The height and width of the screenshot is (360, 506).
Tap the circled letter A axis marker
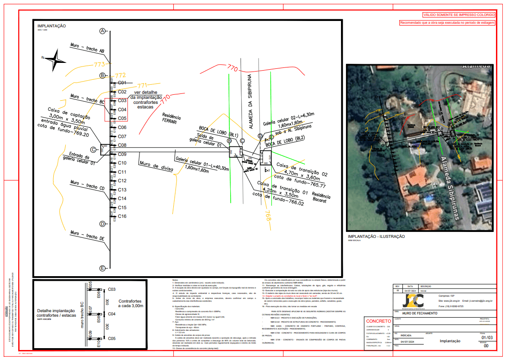point(103,31)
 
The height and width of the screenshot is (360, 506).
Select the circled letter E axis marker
point(103,268)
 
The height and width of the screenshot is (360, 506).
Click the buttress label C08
point(122,145)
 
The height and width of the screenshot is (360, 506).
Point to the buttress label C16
point(122,216)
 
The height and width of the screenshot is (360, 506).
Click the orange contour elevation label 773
point(99,64)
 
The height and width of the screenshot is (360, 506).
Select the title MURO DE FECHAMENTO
point(420,314)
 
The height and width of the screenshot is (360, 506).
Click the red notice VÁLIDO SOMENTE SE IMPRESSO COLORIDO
point(459,15)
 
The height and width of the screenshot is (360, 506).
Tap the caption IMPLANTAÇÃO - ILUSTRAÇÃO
point(376,237)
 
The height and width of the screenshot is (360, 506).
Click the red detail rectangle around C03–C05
point(116,110)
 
